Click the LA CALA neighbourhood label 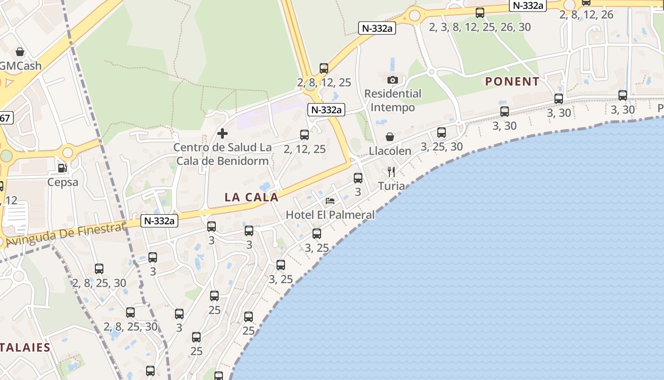tap(251, 197)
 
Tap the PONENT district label tap(512, 82)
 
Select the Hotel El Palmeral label tap(330, 215)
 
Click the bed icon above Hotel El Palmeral tap(330, 201)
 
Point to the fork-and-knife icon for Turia tap(391, 171)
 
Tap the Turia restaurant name tap(391, 186)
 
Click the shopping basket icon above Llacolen tap(390, 137)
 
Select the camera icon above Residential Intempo tap(392, 80)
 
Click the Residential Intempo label tap(393, 100)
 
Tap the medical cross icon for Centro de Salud tap(222, 133)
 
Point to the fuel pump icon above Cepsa tap(62, 168)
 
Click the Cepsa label tap(63, 182)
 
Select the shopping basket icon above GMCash tap(20, 51)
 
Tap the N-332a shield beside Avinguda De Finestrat tap(159, 221)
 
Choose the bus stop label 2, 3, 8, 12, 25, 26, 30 tap(480, 27)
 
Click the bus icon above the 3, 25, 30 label tap(442, 133)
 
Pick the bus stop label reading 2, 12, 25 tap(304, 149)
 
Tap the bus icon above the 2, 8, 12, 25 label tap(324, 68)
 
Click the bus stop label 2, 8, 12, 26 tap(586, 15)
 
